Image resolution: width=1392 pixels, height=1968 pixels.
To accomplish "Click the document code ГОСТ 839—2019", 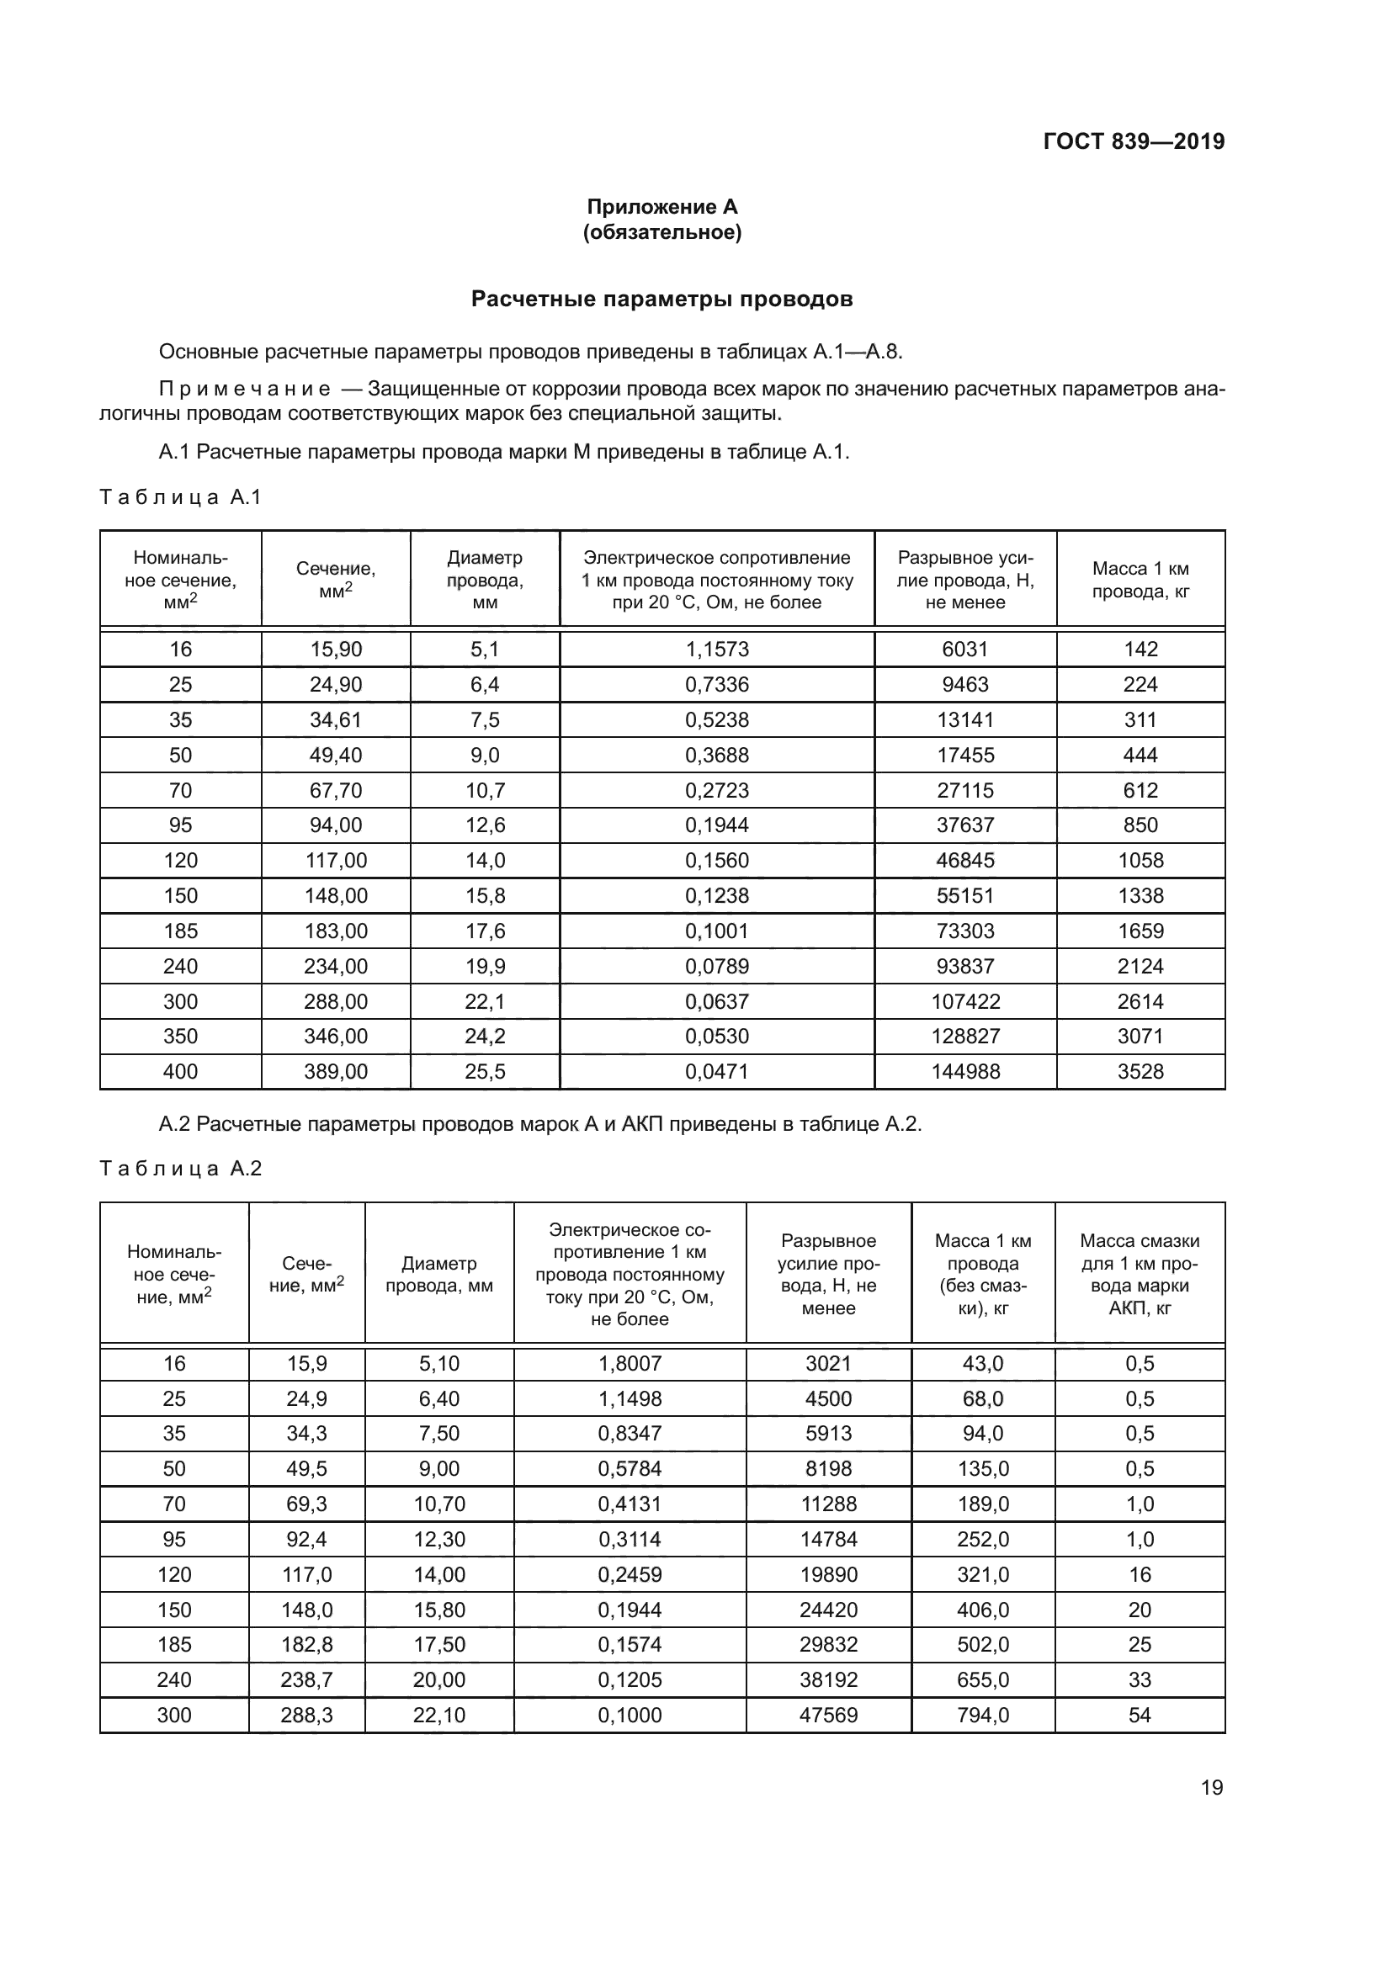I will [x=1133, y=141].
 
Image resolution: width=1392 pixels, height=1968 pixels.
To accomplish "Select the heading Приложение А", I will [x=661, y=207].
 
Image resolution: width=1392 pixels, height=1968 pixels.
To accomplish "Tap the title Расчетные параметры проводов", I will [x=661, y=300].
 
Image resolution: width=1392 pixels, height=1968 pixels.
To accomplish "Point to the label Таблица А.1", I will [x=180, y=497].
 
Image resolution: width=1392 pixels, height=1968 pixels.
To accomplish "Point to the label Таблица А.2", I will [x=180, y=1169].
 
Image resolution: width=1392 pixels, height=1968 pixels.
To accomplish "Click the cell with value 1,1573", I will [x=716, y=649].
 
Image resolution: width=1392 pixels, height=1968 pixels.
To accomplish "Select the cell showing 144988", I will [x=965, y=1071].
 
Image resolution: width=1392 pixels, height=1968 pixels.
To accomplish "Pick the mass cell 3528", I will [x=1140, y=1071].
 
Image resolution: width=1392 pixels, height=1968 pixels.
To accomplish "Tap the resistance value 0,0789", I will [x=716, y=966].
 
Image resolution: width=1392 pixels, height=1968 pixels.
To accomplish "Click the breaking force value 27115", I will [x=965, y=790].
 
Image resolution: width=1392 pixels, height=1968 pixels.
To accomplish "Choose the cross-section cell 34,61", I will [x=335, y=720].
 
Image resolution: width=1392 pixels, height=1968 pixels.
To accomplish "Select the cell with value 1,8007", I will [x=630, y=1364].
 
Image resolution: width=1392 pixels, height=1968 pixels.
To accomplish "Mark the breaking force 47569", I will [x=828, y=1715].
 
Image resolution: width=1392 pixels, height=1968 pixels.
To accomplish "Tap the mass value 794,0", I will [x=982, y=1715].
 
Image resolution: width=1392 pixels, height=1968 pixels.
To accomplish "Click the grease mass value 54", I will [x=1140, y=1715].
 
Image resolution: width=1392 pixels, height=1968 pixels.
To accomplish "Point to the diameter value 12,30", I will [x=438, y=1540].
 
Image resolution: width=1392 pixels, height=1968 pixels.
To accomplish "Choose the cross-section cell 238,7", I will [x=306, y=1680].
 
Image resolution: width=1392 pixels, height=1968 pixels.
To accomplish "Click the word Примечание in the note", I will [x=244, y=390].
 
